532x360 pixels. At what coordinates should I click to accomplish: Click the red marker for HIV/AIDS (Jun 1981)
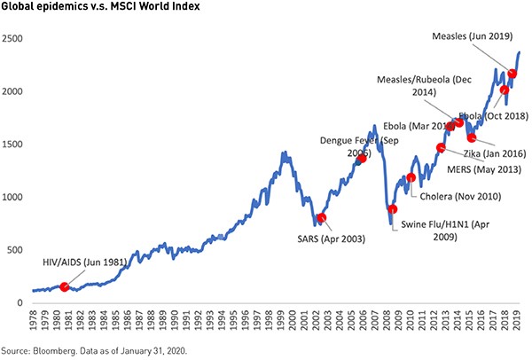click(64, 286)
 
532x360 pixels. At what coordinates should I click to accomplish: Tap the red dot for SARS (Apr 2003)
click(321, 217)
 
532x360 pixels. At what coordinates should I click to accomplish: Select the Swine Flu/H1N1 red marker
click(393, 209)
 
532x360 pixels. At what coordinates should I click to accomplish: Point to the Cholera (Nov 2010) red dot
click(411, 178)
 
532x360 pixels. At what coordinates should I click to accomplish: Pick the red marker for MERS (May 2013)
click(441, 147)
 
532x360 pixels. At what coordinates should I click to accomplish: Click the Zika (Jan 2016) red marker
click(472, 137)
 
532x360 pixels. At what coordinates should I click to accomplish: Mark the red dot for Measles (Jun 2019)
click(512, 74)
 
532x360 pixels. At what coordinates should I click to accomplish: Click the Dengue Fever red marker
click(362, 159)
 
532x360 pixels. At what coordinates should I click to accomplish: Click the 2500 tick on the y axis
click(14, 40)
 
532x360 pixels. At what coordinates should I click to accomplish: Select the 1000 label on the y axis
click(14, 198)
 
